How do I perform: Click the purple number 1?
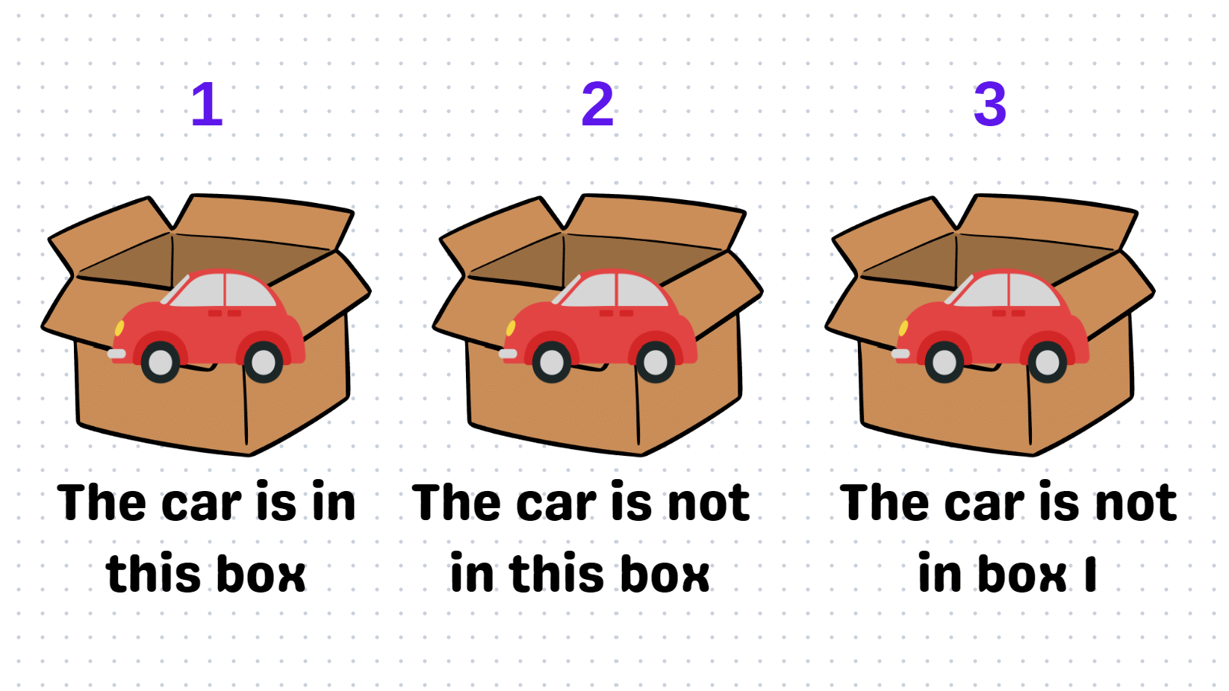click(x=207, y=104)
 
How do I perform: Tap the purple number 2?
click(x=597, y=104)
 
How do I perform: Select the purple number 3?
click(x=989, y=104)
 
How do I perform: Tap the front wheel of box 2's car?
click(x=552, y=363)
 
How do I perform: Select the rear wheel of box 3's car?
click(x=1047, y=363)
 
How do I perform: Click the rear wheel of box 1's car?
click(x=263, y=363)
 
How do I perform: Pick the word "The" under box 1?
click(x=102, y=503)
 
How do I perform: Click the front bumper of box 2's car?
click(x=508, y=354)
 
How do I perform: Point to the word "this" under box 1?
click(x=153, y=575)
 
